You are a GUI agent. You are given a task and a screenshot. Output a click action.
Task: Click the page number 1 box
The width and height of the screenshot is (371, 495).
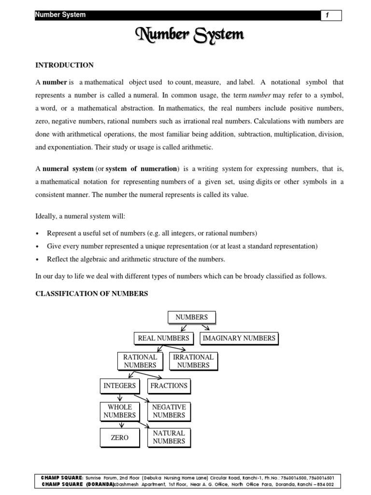tap(331, 15)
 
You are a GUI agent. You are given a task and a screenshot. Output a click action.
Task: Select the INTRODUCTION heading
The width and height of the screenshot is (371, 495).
tap(64, 65)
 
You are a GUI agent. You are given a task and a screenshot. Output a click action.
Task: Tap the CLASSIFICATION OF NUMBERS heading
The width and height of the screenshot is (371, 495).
tap(92, 293)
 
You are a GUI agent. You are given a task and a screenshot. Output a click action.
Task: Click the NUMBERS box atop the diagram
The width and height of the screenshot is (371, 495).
tap(192, 318)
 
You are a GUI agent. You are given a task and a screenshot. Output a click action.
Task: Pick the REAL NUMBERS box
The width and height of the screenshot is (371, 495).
tap(163, 338)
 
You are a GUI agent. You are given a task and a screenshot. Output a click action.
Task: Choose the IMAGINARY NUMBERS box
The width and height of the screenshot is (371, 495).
tap(239, 338)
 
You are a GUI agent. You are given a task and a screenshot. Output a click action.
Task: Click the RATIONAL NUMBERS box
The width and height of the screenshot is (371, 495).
tap(140, 361)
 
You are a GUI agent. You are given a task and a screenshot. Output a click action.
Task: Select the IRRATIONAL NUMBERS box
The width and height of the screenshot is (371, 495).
tap(193, 361)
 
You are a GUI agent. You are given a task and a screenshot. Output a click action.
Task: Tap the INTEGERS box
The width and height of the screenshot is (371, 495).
tap(119, 386)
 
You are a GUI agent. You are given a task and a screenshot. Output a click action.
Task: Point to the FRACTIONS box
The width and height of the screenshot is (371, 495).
tap(169, 386)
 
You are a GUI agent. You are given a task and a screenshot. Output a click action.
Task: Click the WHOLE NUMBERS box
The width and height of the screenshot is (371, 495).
tap(119, 411)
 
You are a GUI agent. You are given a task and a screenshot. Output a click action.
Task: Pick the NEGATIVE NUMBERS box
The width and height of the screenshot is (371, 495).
tap(169, 411)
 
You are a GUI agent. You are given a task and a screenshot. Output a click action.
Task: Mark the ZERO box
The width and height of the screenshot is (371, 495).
tap(119, 437)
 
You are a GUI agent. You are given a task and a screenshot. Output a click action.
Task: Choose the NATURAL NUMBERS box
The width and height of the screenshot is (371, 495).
tap(169, 437)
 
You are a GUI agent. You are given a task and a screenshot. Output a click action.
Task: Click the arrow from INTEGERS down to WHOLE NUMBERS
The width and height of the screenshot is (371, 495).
tap(119, 398)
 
